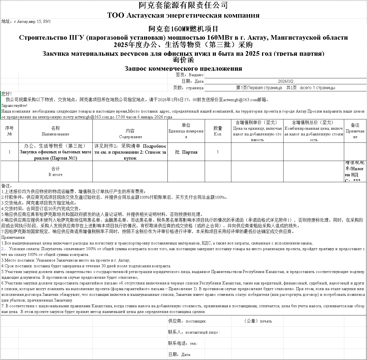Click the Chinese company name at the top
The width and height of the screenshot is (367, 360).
(183, 5)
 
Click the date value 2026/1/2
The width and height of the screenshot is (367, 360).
(285, 81)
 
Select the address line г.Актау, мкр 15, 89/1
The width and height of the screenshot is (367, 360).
(26, 21)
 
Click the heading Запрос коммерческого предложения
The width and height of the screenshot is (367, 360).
(183, 68)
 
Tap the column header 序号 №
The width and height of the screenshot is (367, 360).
(10, 131)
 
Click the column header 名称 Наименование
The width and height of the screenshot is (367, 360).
(55, 131)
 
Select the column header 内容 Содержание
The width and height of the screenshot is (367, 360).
(130, 134)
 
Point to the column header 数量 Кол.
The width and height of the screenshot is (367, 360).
(218, 131)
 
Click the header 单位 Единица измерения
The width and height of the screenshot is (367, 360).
(186, 131)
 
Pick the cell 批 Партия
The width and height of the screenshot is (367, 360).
(186, 152)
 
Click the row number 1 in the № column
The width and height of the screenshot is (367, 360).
(10, 152)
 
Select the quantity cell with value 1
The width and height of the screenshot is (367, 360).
(218, 152)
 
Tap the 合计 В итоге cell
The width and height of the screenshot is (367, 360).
(55, 172)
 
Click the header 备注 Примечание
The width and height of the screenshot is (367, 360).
(355, 131)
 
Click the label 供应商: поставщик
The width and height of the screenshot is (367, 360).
(187, 321)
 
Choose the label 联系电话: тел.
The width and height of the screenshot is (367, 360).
(183, 343)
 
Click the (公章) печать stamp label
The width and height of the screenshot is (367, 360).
(258, 321)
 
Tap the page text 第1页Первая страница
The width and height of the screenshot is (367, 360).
(259, 88)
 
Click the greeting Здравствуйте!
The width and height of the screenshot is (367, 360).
(14, 105)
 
